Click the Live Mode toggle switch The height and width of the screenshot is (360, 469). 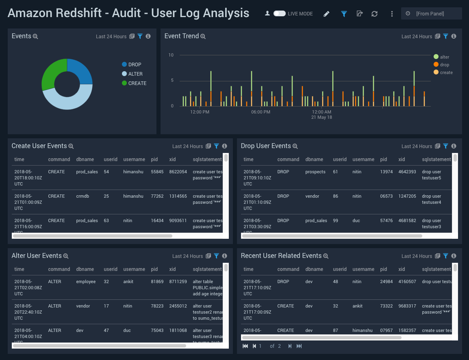pos(279,13)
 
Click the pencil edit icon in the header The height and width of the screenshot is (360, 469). pos(326,14)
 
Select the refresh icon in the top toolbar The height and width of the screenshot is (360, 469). pos(374,14)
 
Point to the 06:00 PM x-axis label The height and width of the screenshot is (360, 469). pos(261,112)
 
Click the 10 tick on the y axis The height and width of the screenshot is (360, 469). pos(171,55)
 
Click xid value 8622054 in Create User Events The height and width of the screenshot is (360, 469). pos(178,172)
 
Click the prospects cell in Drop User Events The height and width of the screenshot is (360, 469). pos(315,172)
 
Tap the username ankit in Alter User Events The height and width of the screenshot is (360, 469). pos(128,281)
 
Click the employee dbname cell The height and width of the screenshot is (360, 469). pos(86,281)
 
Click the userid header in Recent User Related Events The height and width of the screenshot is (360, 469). pos(340,269)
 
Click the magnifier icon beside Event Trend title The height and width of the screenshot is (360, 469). pos(203,37)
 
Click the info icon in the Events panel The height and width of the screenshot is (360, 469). pos(148,36)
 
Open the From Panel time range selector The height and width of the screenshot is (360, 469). pos(431,14)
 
